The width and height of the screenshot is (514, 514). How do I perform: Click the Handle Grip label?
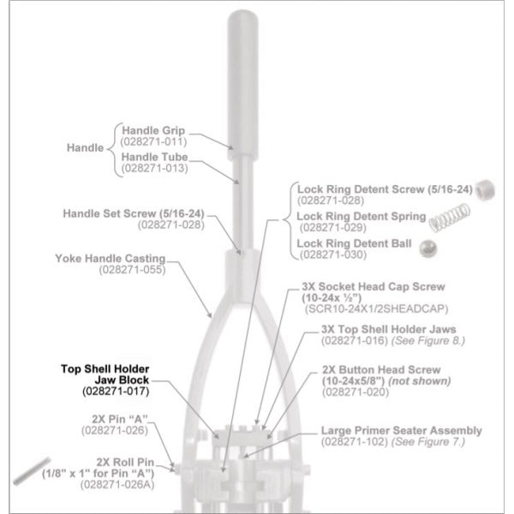[x=153, y=130]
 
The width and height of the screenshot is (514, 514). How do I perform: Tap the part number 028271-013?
[x=155, y=168]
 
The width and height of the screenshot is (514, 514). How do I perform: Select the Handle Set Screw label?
[x=134, y=213]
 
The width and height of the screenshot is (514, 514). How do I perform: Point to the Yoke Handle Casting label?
[x=111, y=259]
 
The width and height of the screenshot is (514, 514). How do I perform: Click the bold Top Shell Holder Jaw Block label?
[x=105, y=374]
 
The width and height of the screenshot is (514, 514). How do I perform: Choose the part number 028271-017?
[x=116, y=391]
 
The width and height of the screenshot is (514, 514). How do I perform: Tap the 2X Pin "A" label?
[x=120, y=419]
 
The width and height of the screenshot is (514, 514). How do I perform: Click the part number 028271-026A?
[x=117, y=485]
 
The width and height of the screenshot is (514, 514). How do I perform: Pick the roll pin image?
[x=32, y=470]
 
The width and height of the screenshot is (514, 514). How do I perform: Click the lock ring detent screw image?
[x=485, y=190]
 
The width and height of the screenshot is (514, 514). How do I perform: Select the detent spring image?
[x=450, y=217]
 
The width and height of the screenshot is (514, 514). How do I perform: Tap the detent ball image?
[x=427, y=248]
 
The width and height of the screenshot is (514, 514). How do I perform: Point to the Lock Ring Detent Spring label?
[x=362, y=217]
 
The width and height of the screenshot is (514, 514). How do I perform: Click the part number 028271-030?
[x=333, y=254]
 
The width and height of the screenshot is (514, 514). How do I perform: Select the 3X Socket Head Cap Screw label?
[x=374, y=286]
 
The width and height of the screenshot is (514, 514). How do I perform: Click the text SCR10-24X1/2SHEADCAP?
[x=376, y=308]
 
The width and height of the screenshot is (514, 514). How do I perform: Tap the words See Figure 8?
[x=428, y=341]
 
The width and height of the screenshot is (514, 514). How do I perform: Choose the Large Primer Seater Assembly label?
[x=402, y=430]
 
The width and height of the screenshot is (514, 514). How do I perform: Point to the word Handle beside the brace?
[x=85, y=147]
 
